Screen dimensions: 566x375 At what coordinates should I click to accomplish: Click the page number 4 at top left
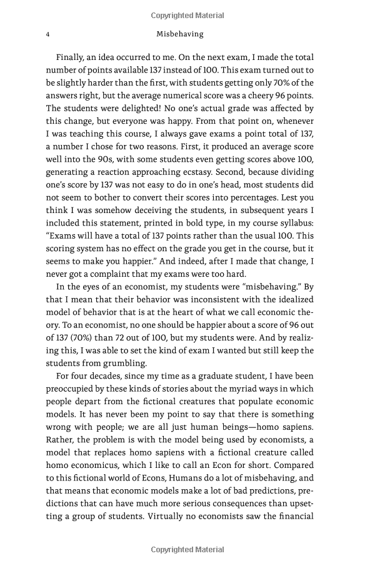tap(48, 34)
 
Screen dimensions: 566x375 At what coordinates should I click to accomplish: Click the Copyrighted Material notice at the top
tap(187, 16)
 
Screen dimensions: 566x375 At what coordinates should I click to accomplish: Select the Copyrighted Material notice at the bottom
tap(187, 550)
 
